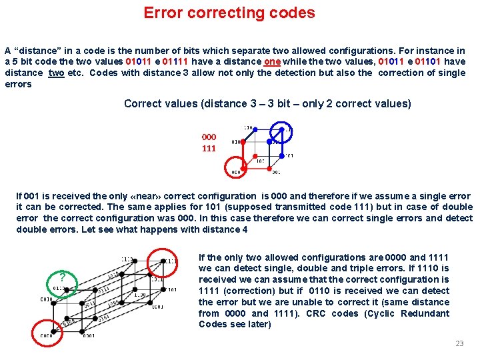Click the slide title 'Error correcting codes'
coord(229,13)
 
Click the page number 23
coord(459,343)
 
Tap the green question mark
coord(62,277)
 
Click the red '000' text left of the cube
coord(209,137)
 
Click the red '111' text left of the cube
coord(209,148)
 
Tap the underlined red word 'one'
coord(272,61)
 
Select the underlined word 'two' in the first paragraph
coord(57,73)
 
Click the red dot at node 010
coord(243,142)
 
